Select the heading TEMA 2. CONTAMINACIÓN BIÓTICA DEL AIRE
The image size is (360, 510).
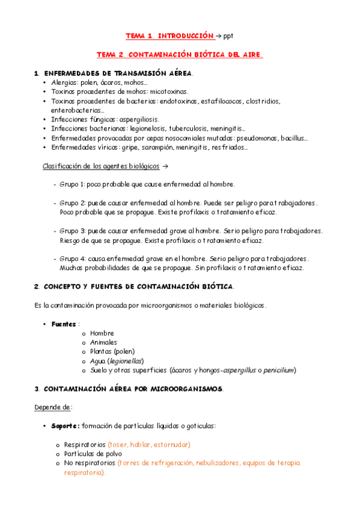tap(180, 55)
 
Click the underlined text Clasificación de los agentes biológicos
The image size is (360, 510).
tap(100, 165)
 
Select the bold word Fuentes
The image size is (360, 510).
tap(63, 324)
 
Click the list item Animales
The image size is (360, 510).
tap(104, 342)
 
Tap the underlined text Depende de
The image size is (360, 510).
tap(53, 407)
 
